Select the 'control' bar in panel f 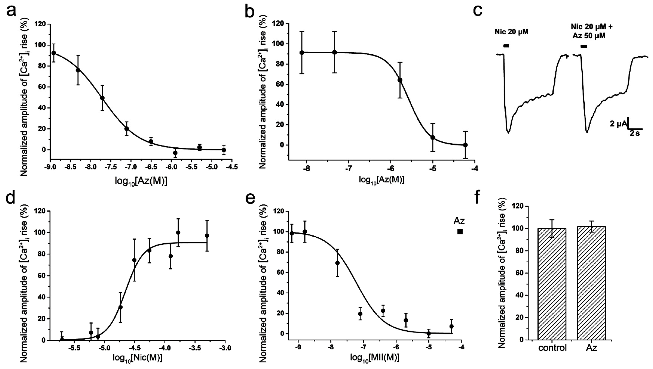(x=552, y=284)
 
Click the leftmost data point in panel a (x=53, y=53)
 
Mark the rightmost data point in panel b (x=465, y=145)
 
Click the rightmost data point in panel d (x=207, y=236)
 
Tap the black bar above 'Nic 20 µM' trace (x=506, y=46)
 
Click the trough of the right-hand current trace (x=587, y=132)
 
